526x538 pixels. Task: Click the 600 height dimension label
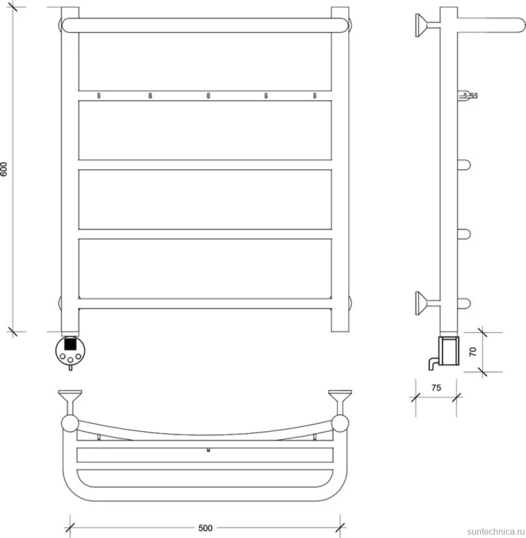(4, 169)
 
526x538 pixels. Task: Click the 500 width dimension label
(205, 527)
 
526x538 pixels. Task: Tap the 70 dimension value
(473, 352)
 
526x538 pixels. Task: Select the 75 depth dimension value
(436, 388)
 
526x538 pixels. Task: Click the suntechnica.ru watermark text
(496, 531)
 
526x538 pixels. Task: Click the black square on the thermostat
(70, 344)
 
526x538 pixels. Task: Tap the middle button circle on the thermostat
(70, 360)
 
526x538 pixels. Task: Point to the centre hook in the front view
(208, 96)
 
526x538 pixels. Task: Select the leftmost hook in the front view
(99, 96)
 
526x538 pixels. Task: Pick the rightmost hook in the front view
(315, 96)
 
